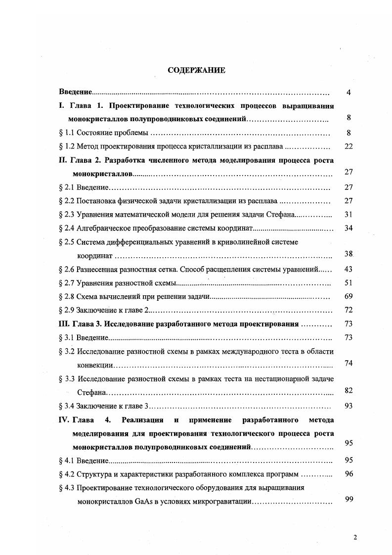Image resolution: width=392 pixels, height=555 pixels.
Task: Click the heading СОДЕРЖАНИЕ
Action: [196, 70]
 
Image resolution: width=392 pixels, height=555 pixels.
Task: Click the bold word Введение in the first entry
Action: [75, 92]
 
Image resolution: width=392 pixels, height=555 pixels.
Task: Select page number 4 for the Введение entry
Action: [348, 92]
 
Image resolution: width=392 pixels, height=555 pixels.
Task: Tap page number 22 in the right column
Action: [348, 146]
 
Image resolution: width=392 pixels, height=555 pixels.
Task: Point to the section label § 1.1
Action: [66, 133]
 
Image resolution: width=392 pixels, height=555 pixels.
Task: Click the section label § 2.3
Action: [66, 215]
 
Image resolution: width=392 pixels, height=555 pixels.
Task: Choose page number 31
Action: [348, 215]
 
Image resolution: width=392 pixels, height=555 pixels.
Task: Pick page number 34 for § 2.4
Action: [348, 228]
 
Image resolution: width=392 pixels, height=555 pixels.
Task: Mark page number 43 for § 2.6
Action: [348, 269]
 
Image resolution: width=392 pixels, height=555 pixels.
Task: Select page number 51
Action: [348, 282]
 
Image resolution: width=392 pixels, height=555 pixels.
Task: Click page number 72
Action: [348, 310]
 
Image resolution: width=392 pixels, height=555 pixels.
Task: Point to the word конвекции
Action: [95, 364]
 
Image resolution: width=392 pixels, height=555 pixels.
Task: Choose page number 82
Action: [348, 391]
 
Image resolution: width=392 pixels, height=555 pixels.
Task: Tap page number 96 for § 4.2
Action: [348, 474]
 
